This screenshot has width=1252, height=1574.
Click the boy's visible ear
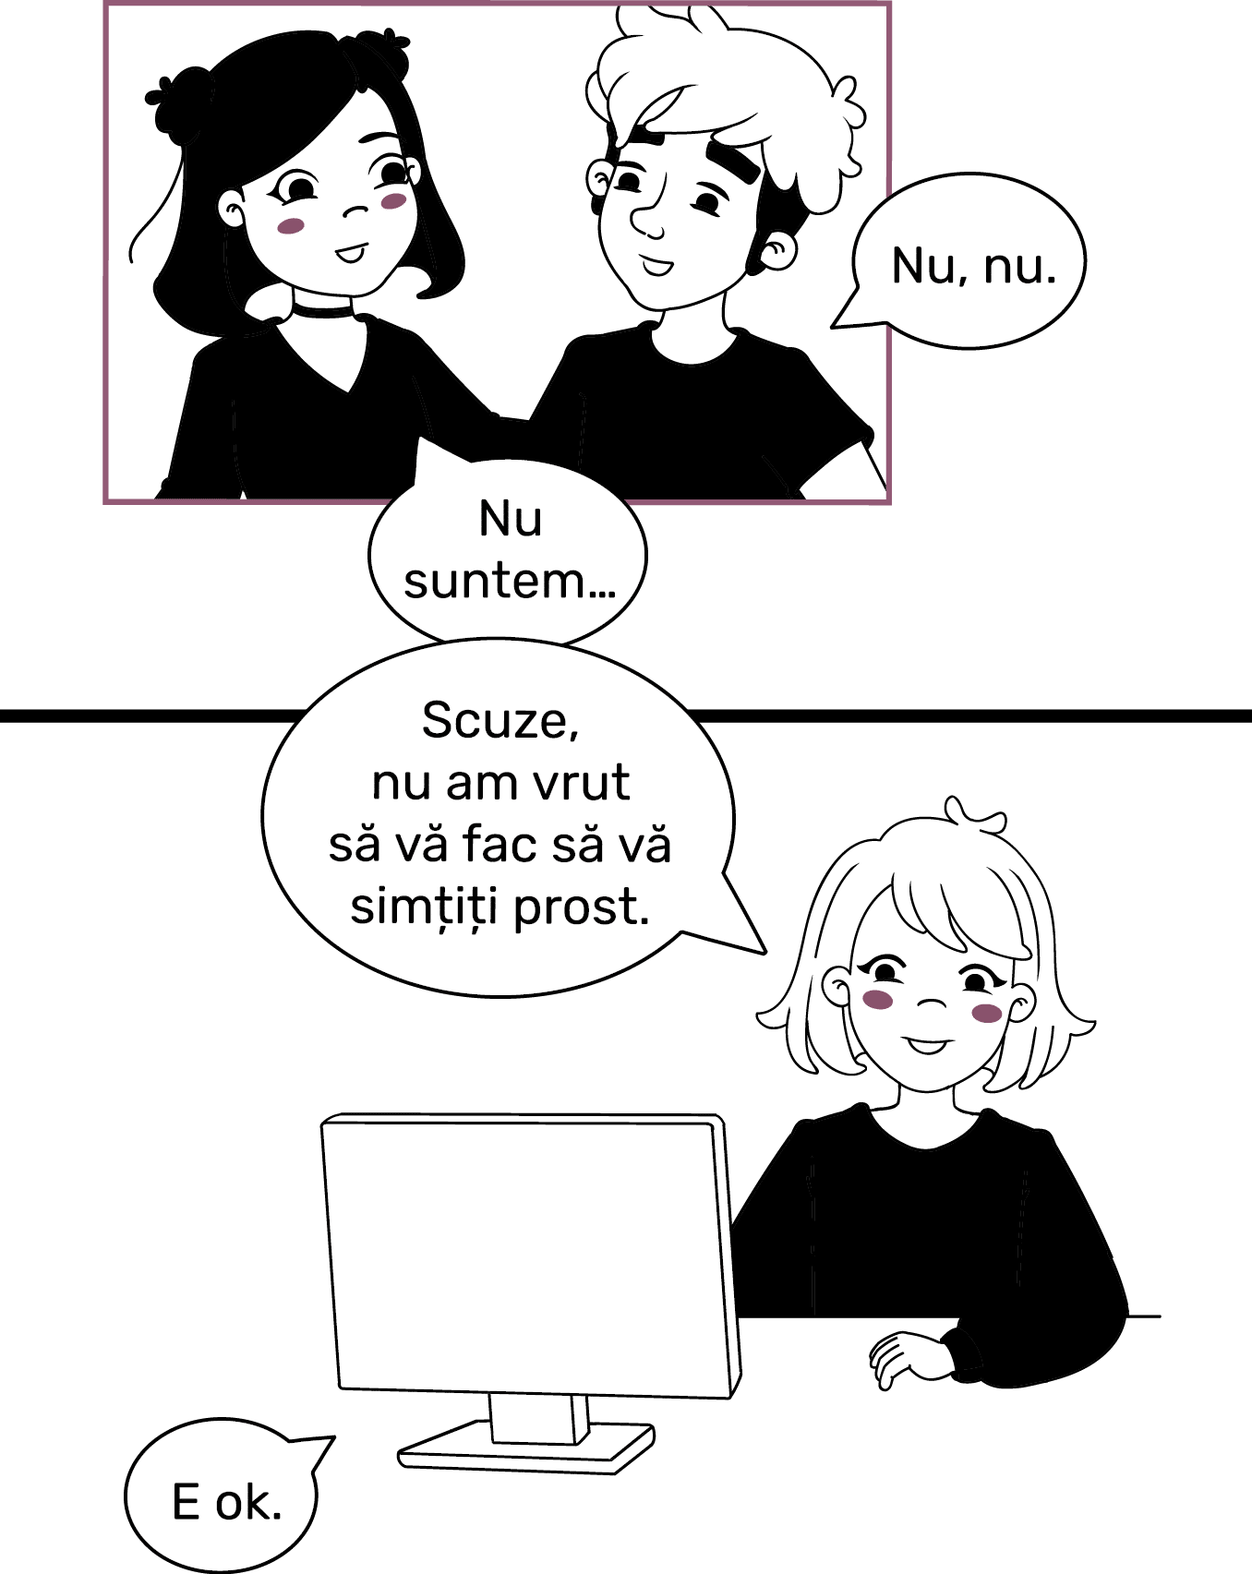(776, 251)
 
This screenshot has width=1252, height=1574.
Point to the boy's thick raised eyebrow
(732, 158)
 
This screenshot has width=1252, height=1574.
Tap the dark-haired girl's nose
(355, 211)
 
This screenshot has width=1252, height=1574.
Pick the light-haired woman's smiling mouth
(928, 1046)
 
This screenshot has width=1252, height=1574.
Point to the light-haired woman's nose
(933, 1003)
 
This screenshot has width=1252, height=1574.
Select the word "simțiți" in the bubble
(426, 908)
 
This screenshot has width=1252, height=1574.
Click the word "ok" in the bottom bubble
(248, 1503)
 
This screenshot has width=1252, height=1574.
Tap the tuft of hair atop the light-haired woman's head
(974, 815)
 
